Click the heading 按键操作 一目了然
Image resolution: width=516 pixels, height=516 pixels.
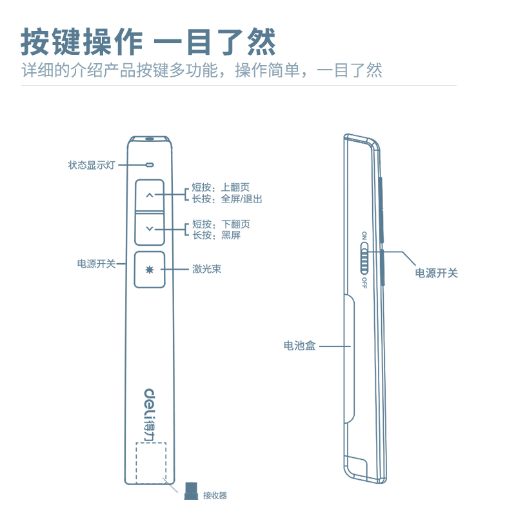coord(148,42)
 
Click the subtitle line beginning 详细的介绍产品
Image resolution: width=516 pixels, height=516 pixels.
coord(201,70)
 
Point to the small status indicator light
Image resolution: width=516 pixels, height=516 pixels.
coord(150,164)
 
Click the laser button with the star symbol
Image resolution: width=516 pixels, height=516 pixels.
coord(150,269)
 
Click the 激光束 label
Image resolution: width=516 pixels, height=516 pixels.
coord(206,269)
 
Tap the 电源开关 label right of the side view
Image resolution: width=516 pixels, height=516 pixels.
coord(436,273)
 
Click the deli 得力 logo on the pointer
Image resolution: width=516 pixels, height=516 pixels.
coord(150,412)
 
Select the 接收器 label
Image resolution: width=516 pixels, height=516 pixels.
coord(215,495)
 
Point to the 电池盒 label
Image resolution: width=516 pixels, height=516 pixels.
coord(300,346)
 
